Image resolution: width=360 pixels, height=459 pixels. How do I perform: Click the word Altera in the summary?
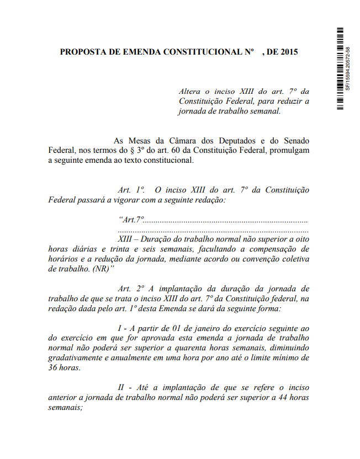click(x=190, y=91)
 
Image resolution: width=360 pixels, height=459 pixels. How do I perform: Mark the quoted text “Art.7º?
click(x=131, y=220)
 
